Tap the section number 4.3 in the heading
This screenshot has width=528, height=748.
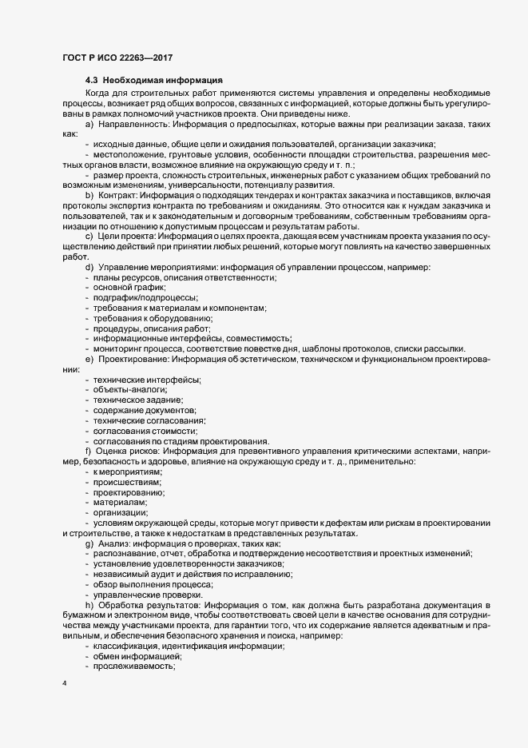coord(93,81)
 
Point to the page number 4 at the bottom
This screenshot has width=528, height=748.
coord(64,683)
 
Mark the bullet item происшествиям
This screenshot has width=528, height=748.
coord(127,483)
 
